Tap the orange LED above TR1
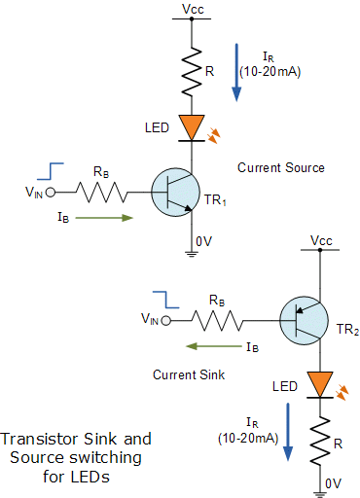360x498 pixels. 191,126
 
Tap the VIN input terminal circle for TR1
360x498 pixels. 50,192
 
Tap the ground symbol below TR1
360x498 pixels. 191,255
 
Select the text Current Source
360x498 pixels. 281,167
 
